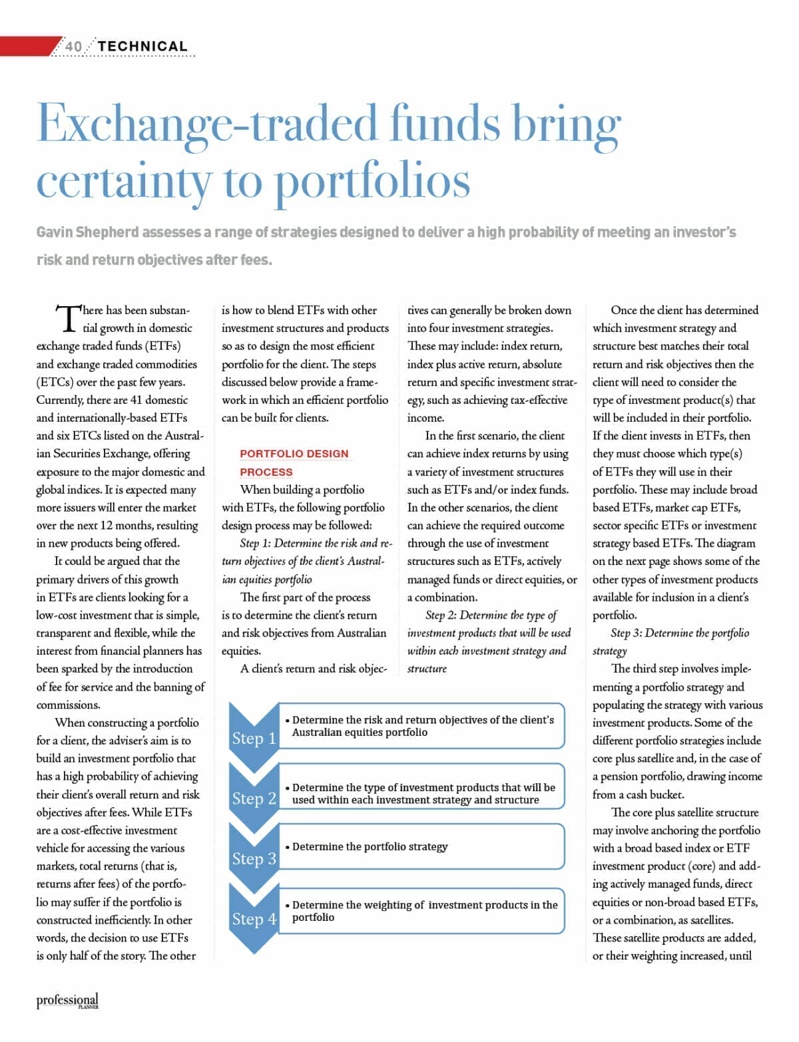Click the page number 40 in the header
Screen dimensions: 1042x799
coord(73,47)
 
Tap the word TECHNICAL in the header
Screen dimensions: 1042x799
coord(142,47)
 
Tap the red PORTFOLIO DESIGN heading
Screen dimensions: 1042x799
coord(294,454)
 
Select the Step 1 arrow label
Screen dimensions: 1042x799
coord(254,738)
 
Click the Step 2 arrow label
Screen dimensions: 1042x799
coord(254,798)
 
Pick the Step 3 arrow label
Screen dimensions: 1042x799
coord(254,858)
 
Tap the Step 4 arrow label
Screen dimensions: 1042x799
coord(254,918)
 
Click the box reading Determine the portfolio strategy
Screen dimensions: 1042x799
coord(421,846)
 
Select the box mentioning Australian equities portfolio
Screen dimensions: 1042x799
coord(421,726)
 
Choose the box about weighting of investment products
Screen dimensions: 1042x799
coord(421,911)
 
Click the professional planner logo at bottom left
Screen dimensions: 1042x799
coord(67,1001)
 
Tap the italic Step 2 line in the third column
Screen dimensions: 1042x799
coord(491,615)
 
